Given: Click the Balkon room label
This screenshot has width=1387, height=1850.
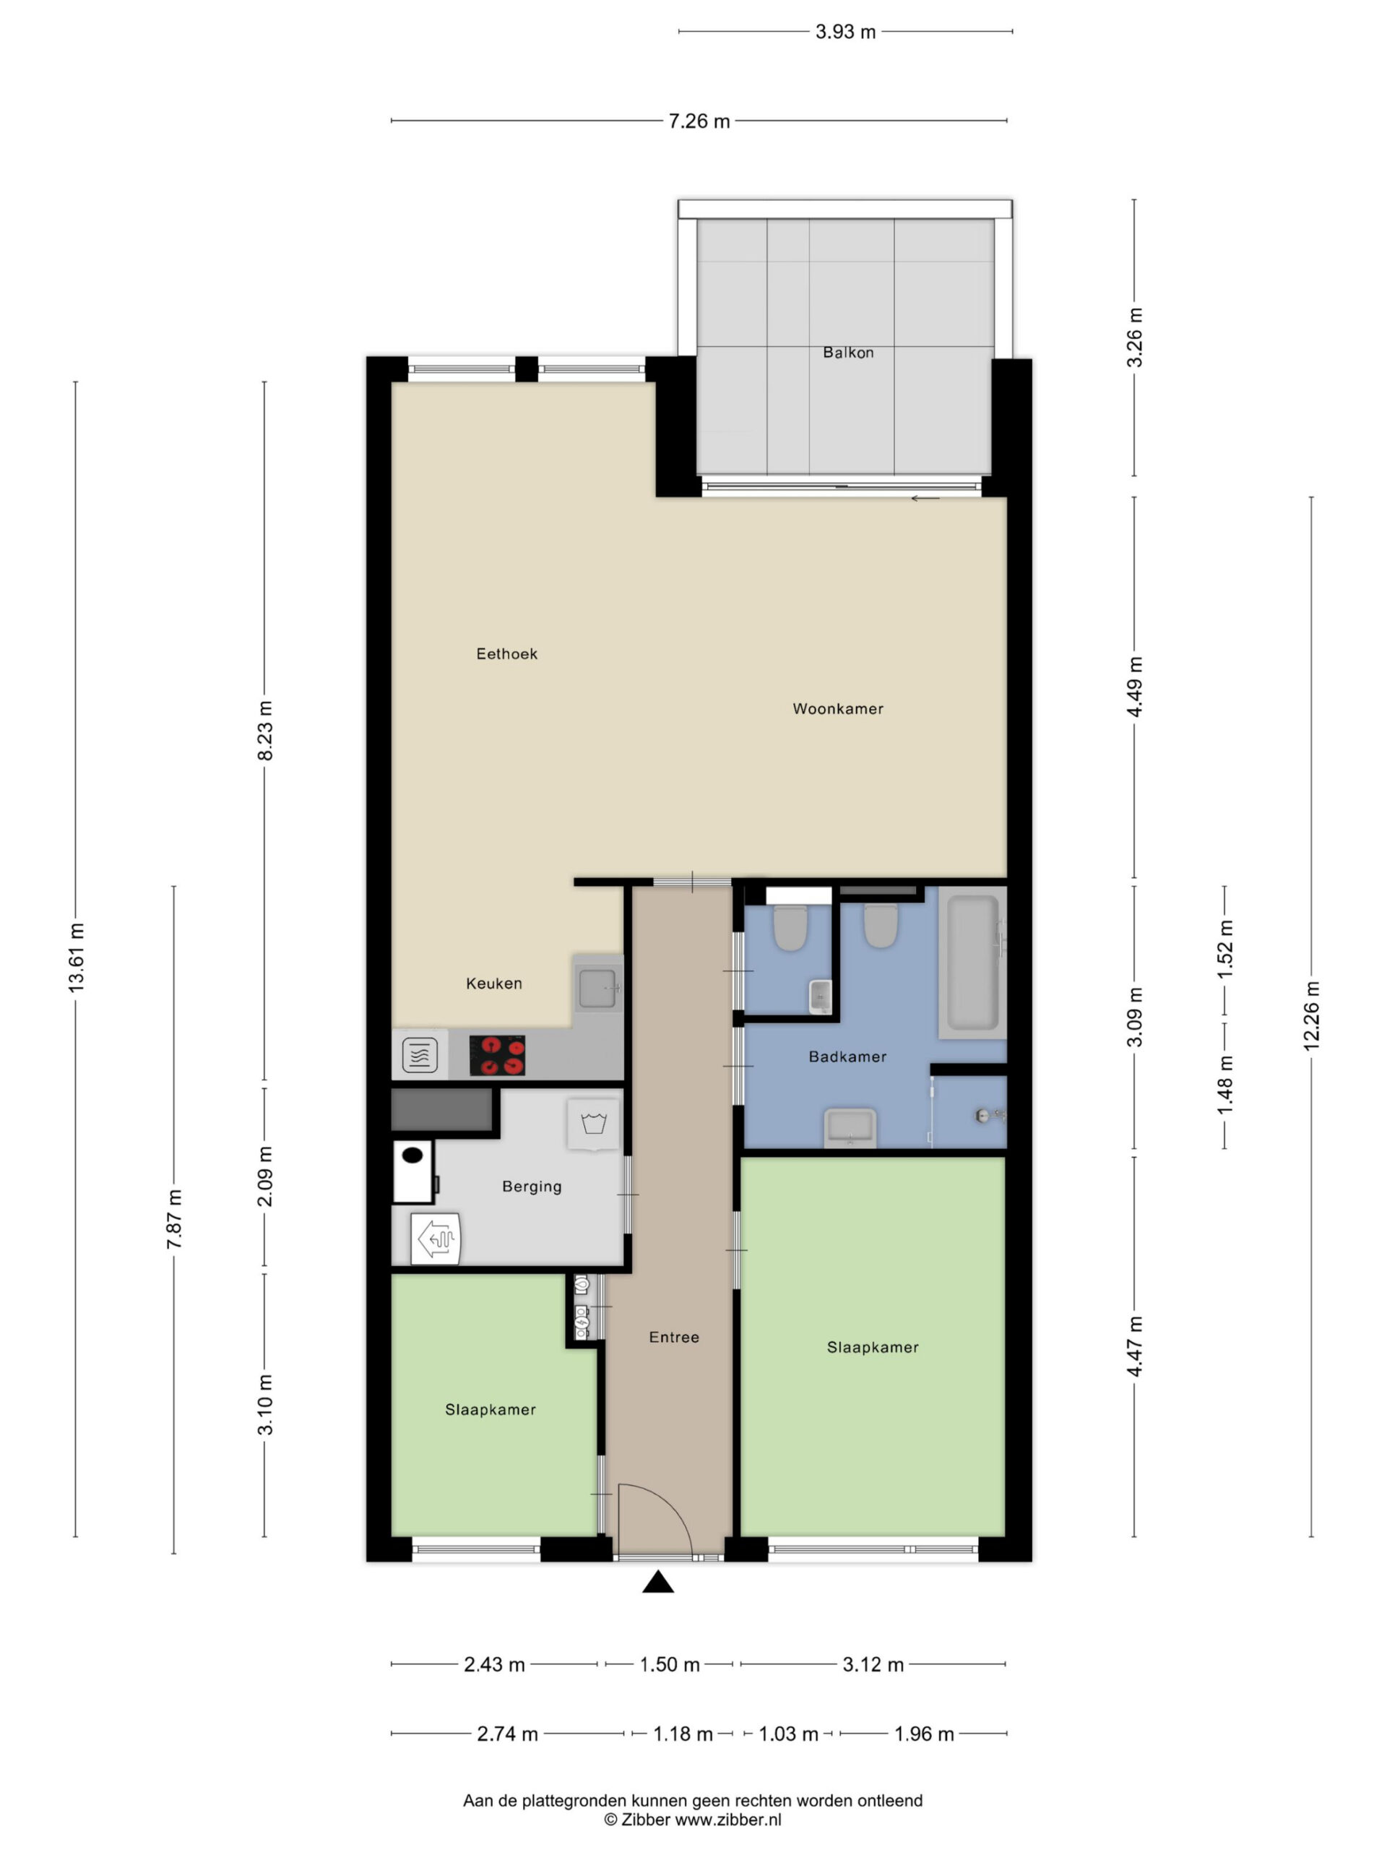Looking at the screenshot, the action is pos(848,352).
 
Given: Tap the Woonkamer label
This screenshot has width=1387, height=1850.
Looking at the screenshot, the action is pos(838,708).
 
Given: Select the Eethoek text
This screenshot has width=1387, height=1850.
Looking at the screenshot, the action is pos(506,653).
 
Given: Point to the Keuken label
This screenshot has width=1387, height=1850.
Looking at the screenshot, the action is pos(494,983).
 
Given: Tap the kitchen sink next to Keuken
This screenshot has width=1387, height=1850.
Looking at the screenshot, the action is pos(597,989).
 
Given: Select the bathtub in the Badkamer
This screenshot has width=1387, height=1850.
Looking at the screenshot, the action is pos(972,963).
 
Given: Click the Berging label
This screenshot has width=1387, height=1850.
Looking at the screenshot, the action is pos(532,1186).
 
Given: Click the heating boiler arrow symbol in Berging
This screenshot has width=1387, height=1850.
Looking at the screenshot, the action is pos(436,1238).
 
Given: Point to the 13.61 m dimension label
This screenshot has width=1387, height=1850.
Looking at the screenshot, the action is pos(76,958).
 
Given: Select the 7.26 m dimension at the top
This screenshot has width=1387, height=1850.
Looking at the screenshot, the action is pos(699,121).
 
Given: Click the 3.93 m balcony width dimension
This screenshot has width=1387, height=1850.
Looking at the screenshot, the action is pos(845,32).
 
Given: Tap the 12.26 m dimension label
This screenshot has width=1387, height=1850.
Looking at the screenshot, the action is pos(1311,1015).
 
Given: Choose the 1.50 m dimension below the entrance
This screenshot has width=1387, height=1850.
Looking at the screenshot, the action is pos(670,1664).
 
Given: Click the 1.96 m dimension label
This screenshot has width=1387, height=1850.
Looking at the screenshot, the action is pos(924,1734).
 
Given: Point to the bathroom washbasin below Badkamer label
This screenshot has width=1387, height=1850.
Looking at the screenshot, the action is pos(850,1127).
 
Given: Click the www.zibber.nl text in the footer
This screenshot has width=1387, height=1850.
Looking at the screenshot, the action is pos(728,1819).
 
